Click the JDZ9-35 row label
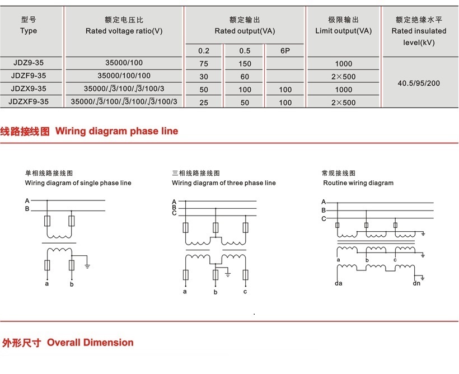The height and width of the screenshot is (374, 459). tap(28, 63)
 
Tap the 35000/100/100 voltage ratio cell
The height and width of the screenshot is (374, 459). tap(124, 76)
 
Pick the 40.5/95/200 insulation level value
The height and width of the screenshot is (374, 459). tap(419, 83)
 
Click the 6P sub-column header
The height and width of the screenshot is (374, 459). tap(285, 51)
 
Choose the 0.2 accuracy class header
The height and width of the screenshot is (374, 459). tap(204, 51)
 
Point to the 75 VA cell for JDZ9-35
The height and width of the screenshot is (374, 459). tap(203, 63)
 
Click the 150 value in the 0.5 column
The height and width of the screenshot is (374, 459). tap(245, 63)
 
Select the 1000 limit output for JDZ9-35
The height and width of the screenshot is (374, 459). tap(343, 63)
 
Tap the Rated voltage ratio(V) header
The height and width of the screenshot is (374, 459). tap(124, 31)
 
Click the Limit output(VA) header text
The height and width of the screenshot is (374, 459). tap(343, 31)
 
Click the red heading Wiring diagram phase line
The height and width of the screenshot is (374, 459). tap(116, 132)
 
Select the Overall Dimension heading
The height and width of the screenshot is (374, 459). tap(90, 343)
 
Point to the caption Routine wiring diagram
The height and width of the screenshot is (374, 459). tap(358, 183)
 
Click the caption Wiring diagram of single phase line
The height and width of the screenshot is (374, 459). tap(78, 183)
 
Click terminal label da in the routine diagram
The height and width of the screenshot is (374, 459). tap(338, 283)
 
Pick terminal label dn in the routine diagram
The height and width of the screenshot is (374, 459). tap(416, 283)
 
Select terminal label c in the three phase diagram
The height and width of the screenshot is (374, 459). tap(245, 292)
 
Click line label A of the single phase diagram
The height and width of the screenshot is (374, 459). tap(27, 200)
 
